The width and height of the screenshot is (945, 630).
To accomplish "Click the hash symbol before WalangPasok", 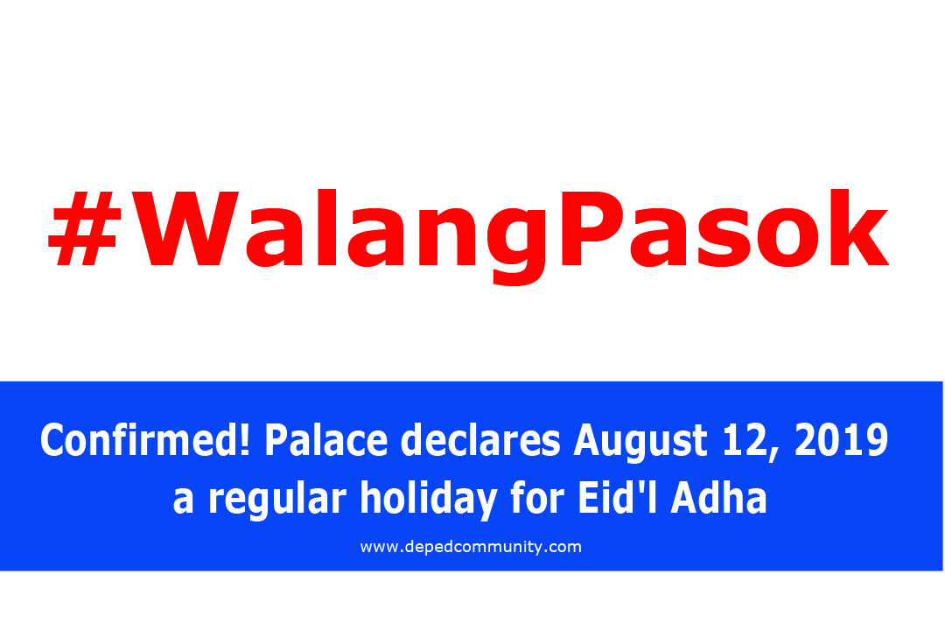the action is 85,230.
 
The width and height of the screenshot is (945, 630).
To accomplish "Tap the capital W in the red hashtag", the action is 185,228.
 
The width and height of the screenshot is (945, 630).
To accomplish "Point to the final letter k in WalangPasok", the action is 858,227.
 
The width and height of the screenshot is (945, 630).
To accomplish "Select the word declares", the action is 480,440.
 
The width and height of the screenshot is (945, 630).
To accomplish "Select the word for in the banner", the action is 537,498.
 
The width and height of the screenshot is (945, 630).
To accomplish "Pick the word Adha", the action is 719,498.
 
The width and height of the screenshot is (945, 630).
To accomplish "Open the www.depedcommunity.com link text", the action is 471,548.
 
